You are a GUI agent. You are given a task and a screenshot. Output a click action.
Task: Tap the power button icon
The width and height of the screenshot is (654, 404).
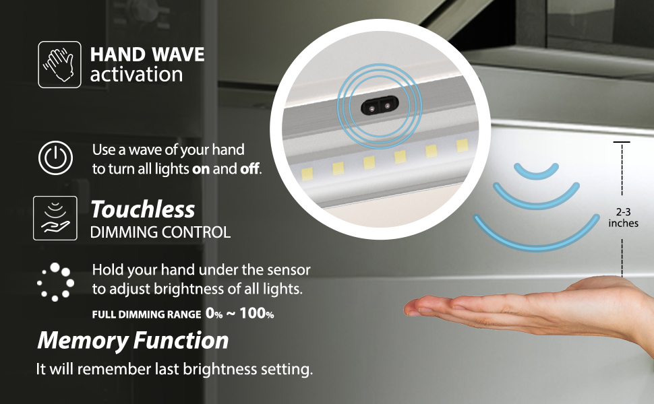click(55, 158)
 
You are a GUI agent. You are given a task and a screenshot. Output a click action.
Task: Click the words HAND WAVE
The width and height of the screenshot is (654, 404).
click(147, 54)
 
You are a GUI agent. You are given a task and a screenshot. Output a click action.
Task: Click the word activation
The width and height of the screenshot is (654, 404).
click(136, 74)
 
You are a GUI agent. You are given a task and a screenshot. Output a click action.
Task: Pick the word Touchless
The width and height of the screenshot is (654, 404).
click(143, 209)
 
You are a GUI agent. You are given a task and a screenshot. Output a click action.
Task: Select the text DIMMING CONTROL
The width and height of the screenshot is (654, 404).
click(160, 233)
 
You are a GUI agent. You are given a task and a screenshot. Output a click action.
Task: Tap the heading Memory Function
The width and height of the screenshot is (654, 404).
click(133, 340)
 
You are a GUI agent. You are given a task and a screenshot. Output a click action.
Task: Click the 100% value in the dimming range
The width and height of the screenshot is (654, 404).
click(258, 313)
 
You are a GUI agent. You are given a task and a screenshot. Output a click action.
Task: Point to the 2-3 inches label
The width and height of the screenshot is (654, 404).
click(623, 217)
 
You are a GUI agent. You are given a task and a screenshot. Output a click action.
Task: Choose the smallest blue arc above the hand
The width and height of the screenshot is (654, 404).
click(537, 171)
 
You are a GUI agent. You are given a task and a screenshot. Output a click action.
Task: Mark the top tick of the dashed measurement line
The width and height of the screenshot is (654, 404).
click(622, 142)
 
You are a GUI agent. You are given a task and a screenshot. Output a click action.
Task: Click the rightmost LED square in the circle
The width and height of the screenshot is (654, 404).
click(462, 145)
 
